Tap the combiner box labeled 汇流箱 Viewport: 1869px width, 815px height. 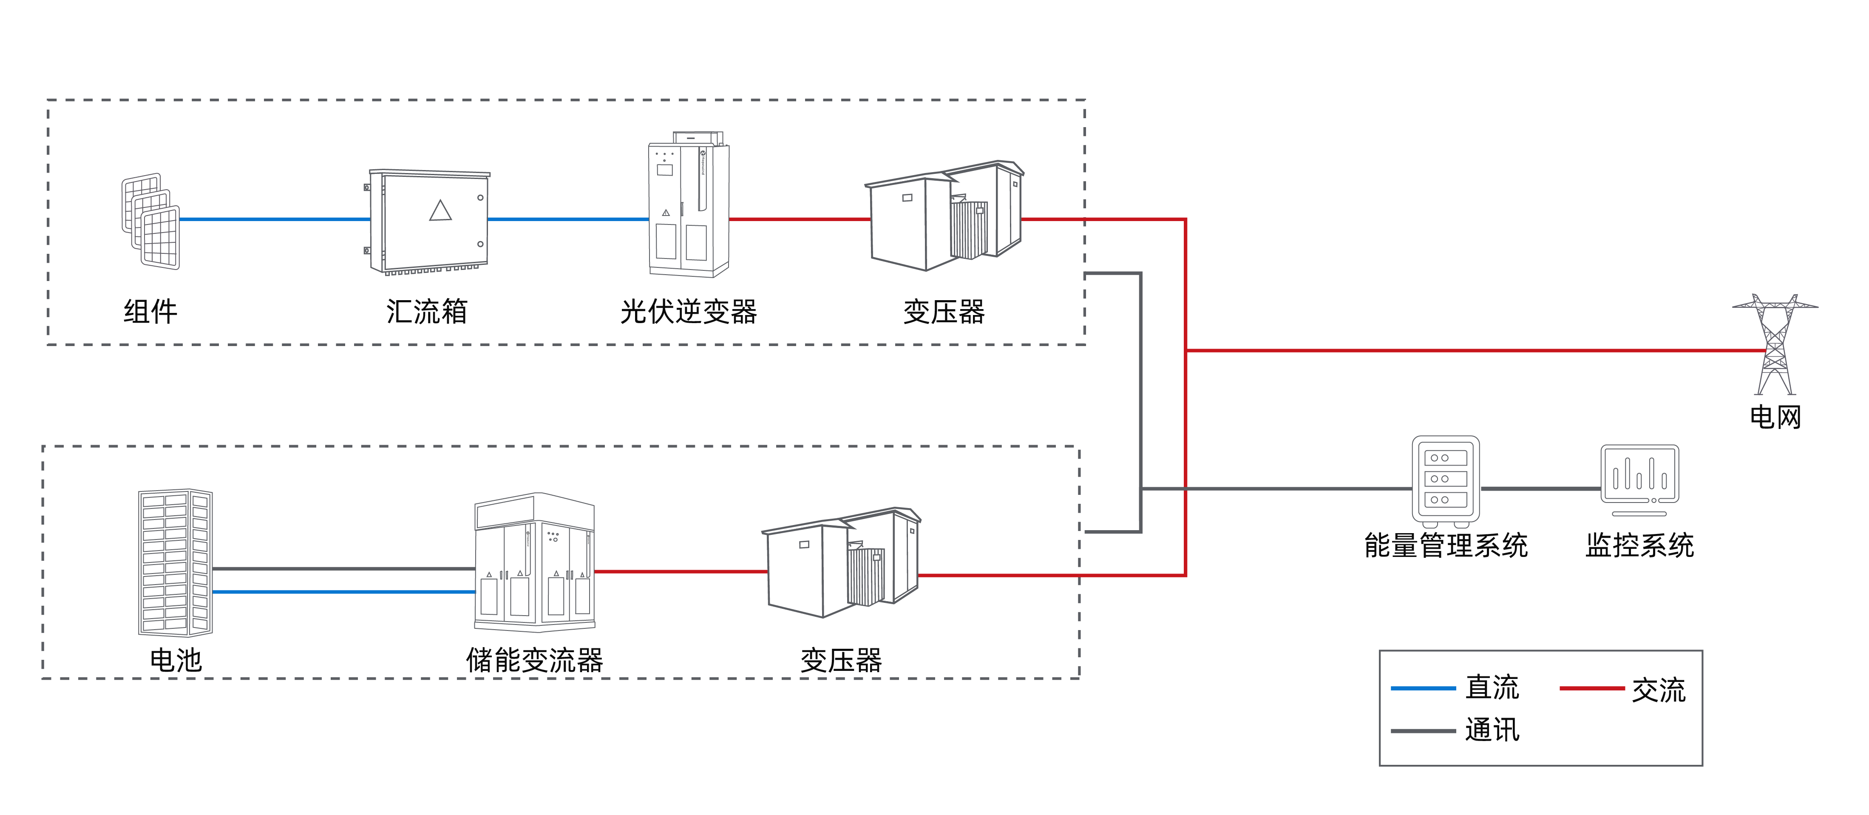point(429,222)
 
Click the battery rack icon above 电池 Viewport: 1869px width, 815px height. point(175,562)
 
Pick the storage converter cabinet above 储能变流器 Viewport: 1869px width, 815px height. point(535,562)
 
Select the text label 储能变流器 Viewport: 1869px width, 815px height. point(535,660)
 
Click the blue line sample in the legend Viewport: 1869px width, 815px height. point(1422,688)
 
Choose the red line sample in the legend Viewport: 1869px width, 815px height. point(1591,688)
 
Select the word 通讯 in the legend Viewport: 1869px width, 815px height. point(1492,730)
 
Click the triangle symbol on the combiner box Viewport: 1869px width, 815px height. point(440,210)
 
